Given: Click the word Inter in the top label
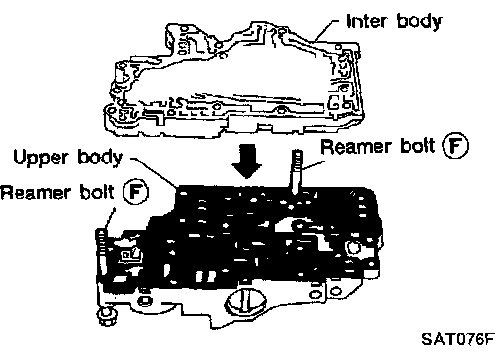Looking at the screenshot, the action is (x=368, y=21).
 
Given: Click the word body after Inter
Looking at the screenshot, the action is (x=419, y=22).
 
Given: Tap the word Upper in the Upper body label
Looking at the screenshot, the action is (x=41, y=159).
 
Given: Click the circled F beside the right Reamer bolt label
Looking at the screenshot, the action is (x=455, y=146).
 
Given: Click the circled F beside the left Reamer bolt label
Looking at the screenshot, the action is (x=135, y=192).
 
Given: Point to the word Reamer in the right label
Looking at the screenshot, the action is (x=356, y=146).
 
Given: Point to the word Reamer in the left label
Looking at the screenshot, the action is (x=35, y=193).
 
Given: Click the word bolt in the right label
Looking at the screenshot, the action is (x=417, y=146).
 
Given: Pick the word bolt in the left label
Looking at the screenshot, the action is (x=97, y=192).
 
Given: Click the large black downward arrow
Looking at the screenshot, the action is (x=246, y=162).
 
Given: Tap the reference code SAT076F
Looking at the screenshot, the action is (x=458, y=340).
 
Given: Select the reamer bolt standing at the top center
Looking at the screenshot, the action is (x=297, y=171).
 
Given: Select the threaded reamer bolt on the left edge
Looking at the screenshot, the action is (x=101, y=251).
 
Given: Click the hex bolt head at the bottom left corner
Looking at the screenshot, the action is (x=107, y=316).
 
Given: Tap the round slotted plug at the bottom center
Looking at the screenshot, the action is (x=245, y=302).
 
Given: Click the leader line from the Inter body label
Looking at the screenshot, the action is (x=327, y=30).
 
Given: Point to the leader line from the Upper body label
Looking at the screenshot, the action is (x=154, y=172).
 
